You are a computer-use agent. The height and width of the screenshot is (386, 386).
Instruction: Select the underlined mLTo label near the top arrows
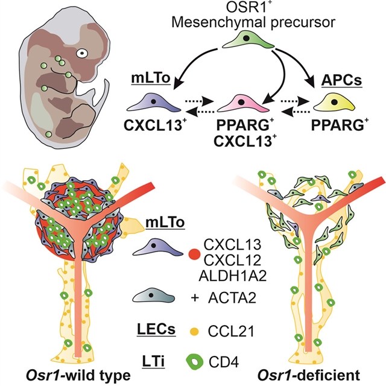(x=144, y=81)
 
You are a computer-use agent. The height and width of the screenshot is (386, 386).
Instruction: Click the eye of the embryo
(x=83, y=52)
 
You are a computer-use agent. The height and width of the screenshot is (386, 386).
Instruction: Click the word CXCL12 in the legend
(x=228, y=260)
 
